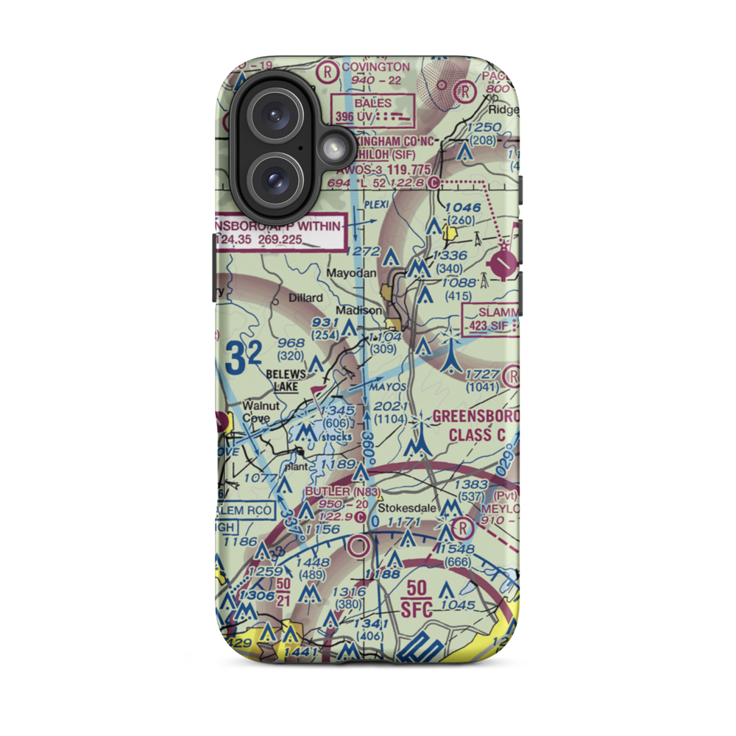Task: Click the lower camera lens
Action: (275, 180)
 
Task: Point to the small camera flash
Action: (333, 149)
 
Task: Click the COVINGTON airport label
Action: (375, 67)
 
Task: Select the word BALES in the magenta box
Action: (373, 103)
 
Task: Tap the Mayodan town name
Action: (353, 273)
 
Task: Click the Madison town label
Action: (360, 310)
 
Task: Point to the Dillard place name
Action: (305, 297)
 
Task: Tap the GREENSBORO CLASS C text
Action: (475, 425)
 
